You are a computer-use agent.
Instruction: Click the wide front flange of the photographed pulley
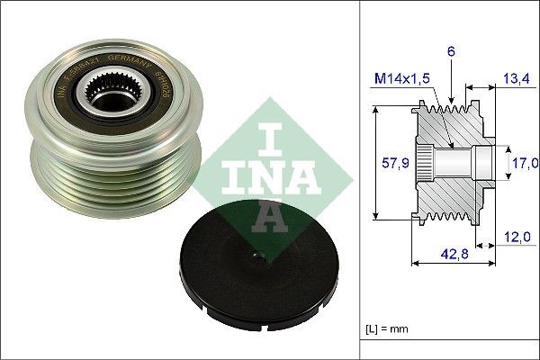[49, 99]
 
